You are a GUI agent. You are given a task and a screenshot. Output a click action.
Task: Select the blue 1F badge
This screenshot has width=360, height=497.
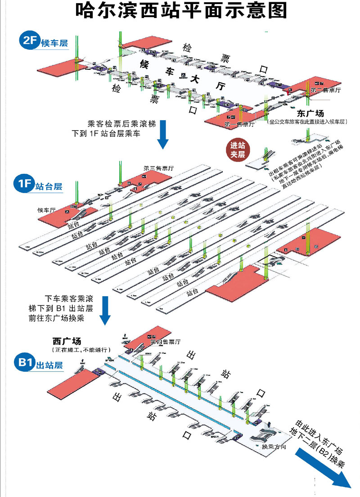[24, 184]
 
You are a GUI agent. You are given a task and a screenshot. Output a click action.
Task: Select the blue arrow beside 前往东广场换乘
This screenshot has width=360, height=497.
[105, 310]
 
